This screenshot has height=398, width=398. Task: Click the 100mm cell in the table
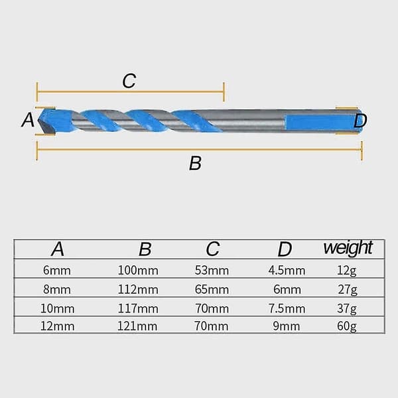pos(138,271)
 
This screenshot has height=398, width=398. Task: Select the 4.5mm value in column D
pos(287,271)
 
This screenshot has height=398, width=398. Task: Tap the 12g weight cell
pos(347,271)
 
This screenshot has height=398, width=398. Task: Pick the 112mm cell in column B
pos(138,290)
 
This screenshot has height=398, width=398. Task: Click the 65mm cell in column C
pos(212,290)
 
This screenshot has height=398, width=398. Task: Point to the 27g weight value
pos(348,290)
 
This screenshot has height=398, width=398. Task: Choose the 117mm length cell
pos(138,308)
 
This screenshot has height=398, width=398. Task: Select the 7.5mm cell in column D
pos(287,308)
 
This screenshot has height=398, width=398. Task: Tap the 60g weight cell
pos(347,326)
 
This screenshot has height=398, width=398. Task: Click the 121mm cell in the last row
pos(137,326)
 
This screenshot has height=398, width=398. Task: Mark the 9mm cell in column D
pos(287,326)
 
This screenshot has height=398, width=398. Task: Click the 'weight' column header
pos(348,249)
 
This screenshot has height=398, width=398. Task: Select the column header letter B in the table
pos(145,249)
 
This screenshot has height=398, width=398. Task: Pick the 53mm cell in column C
pos(212,271)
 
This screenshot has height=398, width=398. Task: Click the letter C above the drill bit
pos(129,81)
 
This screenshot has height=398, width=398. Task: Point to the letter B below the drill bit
pos(195,163)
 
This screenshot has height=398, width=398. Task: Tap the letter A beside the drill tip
pos(28,119)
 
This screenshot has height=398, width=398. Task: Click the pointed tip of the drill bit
pos(38,121)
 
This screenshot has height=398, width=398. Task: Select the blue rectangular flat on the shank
pos(323,123)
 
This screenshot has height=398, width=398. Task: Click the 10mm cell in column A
pos(57,308)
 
